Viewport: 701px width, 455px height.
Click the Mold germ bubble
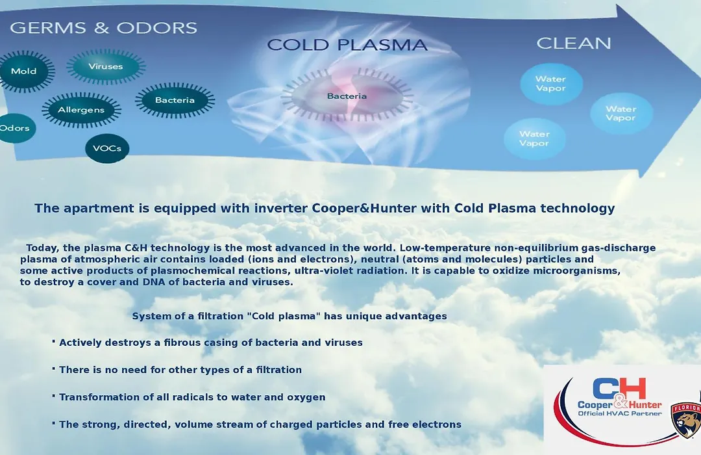click(x=25, y=71)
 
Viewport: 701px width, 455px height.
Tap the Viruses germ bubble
click(x=106, y=67)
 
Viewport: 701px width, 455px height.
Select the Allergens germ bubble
click(x=81, y=110)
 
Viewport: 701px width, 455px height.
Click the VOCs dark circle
click(x=107, y=148)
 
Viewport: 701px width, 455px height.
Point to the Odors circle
click(x=16, y=128)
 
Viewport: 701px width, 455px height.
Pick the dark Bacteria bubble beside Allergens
click(x=175, y=100)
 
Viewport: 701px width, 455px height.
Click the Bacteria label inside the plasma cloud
click(x=347, y=96)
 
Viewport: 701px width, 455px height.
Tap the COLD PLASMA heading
click(x=347, y=45)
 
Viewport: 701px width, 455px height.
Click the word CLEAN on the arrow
click(x=574, y=44)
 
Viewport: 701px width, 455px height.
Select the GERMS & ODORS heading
click(x=103, y=28)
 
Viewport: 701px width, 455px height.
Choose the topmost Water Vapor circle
click(x=551, y=84)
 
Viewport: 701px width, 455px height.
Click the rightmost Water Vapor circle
click(x=621, y=113)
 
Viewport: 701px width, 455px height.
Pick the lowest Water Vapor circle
click(x=535, y=139)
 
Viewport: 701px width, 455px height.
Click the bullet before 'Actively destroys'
click(x=54, y=342)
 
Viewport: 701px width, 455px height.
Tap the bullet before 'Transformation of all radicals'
click(x=54, y=396)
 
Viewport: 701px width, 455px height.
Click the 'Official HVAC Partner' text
click(x=620, y=413)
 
